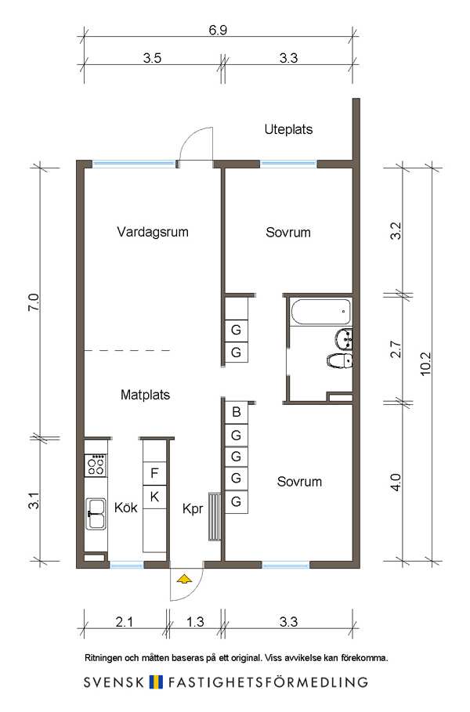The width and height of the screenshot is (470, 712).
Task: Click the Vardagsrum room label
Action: [x=153, y=232]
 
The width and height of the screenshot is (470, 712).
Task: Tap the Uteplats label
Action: [x=288, y=129]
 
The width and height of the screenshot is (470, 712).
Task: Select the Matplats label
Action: [x=146, y=395]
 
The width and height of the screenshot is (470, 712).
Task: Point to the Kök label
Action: [x=126, y=508]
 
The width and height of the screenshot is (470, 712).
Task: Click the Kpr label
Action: [x=193, y=509]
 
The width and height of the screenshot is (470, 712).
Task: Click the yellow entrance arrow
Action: [x=184, y=579]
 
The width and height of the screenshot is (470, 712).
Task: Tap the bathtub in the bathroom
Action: [x=320, y=312]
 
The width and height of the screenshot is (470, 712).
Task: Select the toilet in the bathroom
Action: [x=340, y=361]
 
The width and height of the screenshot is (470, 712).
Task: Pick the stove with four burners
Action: [x=96, y=464]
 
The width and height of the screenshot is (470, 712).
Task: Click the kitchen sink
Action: [x=96, y=514]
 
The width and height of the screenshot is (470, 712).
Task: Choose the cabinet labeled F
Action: [x=154, y=474]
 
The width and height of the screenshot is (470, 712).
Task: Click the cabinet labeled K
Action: [x=154, y=497]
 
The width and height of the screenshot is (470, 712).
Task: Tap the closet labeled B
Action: [x=236, y=412]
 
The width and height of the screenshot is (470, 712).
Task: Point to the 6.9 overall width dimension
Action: [x=218, y=30]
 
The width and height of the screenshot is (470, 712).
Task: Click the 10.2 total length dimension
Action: [x=425, y=363]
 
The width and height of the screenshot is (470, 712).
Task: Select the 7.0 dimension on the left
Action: [x=34, y=302]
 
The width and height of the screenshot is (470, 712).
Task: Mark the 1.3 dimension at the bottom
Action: [x=195, y=622]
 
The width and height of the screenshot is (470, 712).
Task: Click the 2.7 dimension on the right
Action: [x=396, y=349]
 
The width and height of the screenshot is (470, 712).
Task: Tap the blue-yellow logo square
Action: [x=156, y=682]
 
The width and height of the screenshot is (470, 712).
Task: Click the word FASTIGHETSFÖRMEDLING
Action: [x=268, y=682]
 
